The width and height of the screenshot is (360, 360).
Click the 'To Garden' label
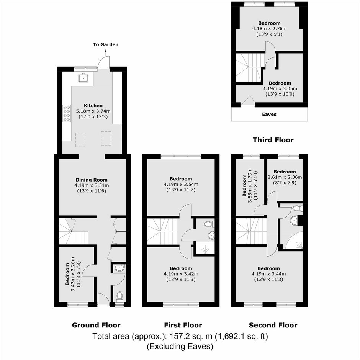(106, 44)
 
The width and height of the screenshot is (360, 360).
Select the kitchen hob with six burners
(67, 113)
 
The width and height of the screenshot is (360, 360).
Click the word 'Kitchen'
(93, 106)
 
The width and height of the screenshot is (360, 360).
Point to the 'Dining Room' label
(92, 180)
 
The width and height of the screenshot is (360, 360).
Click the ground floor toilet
(119, 296)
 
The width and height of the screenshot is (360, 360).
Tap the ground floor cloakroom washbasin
(119, 268)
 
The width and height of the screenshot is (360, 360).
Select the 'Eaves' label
(269, 114)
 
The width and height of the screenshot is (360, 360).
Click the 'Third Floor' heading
(273, 140)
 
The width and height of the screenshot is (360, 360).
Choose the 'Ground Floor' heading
(96, 325)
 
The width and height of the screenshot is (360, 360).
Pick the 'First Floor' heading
(183, 325)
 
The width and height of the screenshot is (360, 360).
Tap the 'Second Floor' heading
(273, 325)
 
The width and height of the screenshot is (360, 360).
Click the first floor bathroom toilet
(209, 224)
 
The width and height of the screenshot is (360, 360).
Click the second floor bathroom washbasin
(294, 221)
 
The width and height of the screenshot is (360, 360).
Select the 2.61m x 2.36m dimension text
(285, 177)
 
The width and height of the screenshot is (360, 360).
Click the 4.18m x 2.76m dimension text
(269, 29)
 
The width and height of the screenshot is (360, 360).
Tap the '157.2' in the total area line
(178, 336)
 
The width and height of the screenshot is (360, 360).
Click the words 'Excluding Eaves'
(180, 346)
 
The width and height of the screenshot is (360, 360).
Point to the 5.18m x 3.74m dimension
(93, 111)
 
